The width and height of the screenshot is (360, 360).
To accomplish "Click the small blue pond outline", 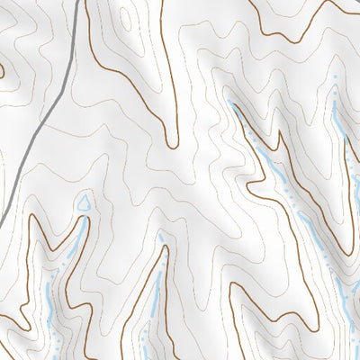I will pyautogui.click(x=84, y=202).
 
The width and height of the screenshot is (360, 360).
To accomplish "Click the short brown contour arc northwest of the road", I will pyautogui.click(x=3, y=67).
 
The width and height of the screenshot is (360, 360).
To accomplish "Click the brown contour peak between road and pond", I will pyautogui.click(x=38, y=217).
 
